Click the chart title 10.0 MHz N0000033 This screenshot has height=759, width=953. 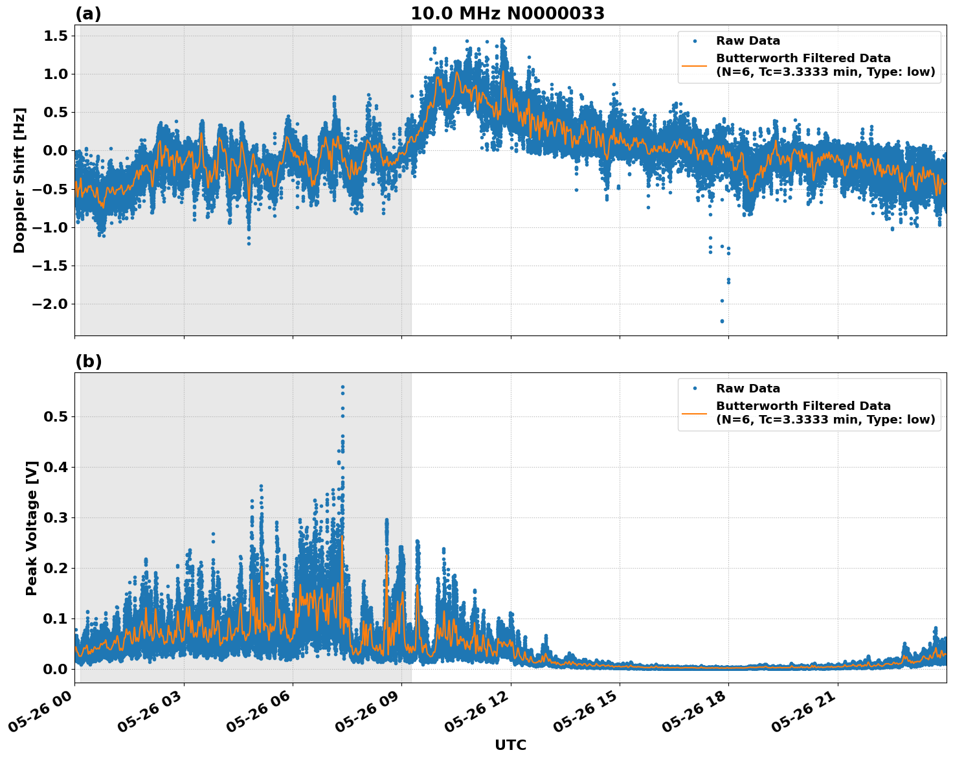point(508,14)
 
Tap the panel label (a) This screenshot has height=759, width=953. point(88,14)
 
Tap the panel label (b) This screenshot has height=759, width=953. point(88,361)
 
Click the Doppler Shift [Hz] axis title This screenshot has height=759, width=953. point(19,180)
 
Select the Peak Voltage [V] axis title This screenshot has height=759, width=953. point(32,528)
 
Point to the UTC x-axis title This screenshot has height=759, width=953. point(510,745)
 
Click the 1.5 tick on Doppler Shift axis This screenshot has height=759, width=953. point(56,36)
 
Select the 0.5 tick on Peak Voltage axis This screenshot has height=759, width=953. point(56,416)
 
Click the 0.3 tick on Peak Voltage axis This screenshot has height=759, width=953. point(56,517)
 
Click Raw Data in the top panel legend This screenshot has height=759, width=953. point(748,41)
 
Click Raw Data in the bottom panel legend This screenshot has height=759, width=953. point(748,389)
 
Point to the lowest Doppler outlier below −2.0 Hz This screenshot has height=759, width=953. point(722,321)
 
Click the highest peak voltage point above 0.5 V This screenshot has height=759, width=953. point(342,387)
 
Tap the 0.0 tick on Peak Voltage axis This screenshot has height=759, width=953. point(56,669)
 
